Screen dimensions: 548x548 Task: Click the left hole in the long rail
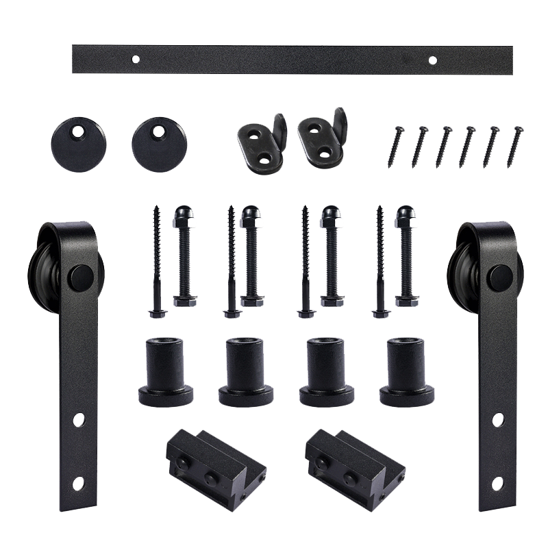click(136, 60)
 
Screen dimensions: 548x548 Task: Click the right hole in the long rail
click(432, 60)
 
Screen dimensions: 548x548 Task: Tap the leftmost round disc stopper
click(71, 139)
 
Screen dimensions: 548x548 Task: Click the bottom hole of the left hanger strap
click(78, 482)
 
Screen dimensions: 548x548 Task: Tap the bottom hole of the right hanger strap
click(497, 482)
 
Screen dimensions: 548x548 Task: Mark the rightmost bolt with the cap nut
click(405, 257)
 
